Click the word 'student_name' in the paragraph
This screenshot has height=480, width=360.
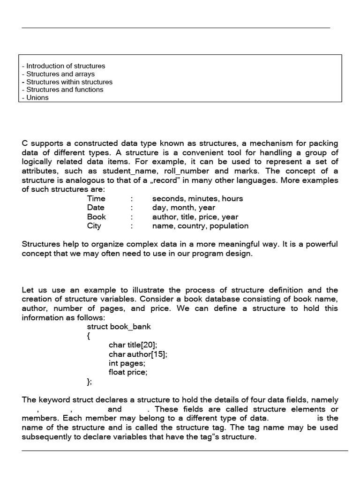point(126,172)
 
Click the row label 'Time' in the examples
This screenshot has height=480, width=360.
point(96,199)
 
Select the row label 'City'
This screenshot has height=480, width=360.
point(94,226)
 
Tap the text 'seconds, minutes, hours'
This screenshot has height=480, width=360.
point(197,199)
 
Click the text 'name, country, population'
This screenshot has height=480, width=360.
point(200,226)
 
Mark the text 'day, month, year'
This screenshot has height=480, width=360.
point(184,208)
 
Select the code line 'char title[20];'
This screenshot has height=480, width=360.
point(133,345)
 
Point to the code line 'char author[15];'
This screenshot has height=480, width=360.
point(138,354)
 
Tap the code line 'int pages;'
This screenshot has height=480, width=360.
point(127,363)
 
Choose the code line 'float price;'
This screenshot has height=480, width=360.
point(128,373)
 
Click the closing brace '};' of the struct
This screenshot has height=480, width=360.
point(90,382)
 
